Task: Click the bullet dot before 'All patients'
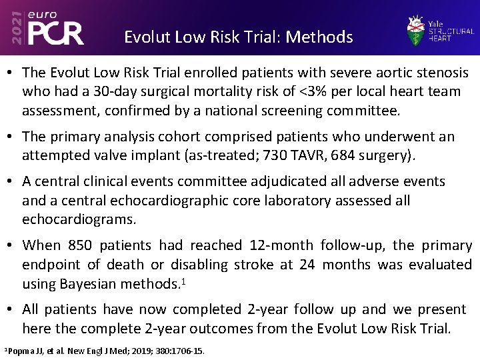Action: pyautogui.click(x=11, y=310)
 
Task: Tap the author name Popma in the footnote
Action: pyautogui.click(x=20, y=351)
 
